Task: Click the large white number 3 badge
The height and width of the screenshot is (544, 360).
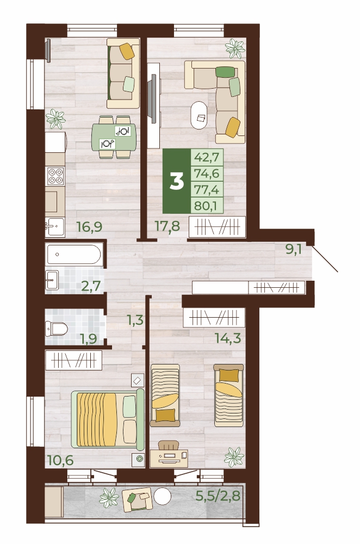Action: coord(177,181)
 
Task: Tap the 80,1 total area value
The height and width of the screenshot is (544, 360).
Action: coord(206,206)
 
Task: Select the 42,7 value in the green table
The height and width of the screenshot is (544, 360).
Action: coord(207,157)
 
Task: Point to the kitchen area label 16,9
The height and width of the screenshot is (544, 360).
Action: coord(90,227)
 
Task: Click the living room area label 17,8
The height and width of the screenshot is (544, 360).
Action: coord(167,226)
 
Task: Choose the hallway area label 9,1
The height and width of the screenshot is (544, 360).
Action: coord(294,249)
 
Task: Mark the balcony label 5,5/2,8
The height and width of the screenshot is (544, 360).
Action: coord(218,496)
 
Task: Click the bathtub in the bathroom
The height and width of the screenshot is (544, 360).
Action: coord(74,254)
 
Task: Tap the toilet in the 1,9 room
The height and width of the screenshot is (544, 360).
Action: coord(56,329)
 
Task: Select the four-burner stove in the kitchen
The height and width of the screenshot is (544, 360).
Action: coord(55,176)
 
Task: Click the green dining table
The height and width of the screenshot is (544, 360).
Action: coord(114,137)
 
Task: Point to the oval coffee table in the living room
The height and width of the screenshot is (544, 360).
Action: coord(199,115)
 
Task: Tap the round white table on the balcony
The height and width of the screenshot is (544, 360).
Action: coord(162,497)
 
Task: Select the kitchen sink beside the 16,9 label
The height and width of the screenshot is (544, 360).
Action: coord(55,227)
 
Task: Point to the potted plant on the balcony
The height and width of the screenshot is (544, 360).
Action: coord(109,498)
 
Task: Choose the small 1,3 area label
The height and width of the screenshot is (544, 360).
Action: coord(135,320)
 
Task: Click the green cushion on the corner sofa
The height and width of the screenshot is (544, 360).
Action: coord(225,72)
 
